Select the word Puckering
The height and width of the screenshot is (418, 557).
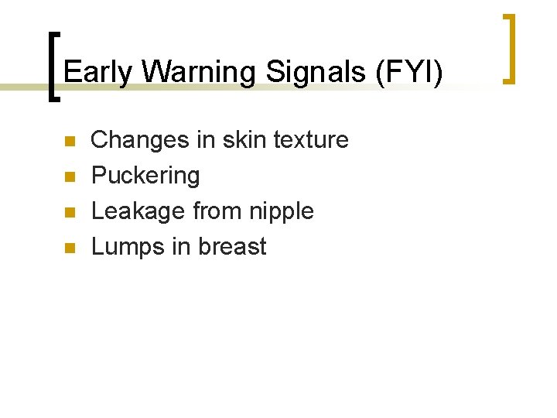(145, 176)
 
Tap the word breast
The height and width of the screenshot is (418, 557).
(232, 247)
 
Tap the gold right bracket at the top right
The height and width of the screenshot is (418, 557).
(511, 48)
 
